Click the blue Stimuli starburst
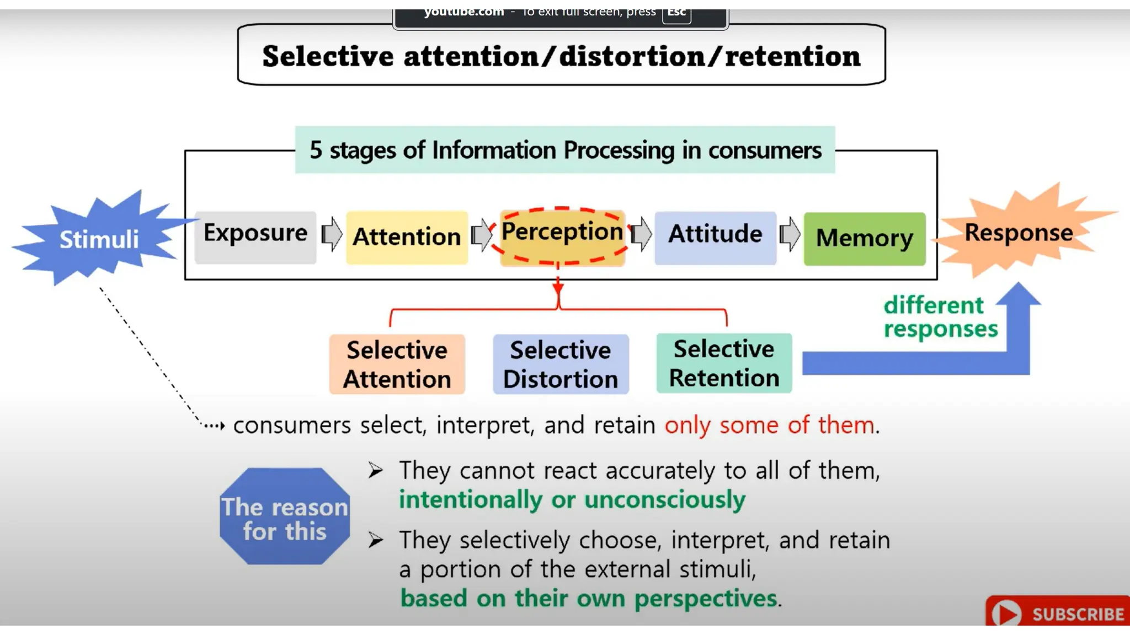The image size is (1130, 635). coord(98,239)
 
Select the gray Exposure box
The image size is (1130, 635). coord(255,236)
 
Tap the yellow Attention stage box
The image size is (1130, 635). coord(407,237)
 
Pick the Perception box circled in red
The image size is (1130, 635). coord(562,236)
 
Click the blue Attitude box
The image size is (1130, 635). coord(715,237)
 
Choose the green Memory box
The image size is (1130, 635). coord(864,238)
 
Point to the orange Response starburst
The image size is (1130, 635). coord(1019,233)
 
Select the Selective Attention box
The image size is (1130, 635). coord(397,364)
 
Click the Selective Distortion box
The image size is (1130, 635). coord(561,364)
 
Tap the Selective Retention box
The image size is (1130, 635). coord(724,363)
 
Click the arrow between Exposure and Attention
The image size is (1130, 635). coord(332,234)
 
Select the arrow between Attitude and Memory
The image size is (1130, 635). coord(790,234)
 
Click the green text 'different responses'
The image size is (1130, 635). coord(940,317)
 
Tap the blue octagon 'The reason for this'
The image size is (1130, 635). coord(285,516)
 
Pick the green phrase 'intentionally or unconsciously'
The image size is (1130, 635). coord(572,499)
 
